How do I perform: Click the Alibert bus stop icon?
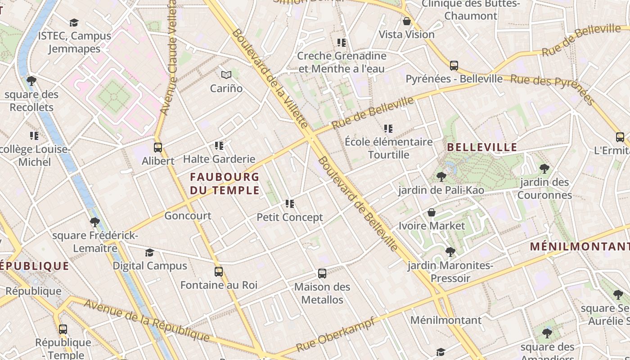[x=158, y=148]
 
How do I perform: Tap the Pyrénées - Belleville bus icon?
[x=454, y=66]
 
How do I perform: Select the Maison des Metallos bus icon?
[x=322, y=274]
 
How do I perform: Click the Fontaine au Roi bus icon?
[x=219, y=272]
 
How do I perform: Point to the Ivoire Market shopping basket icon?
[x=432, y=212]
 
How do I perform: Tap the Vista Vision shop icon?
[x=407, y=21]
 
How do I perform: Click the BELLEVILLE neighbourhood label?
[x=482, y=147]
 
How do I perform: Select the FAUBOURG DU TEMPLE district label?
[x=225, y=183]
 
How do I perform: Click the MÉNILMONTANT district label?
[x=580, y=247]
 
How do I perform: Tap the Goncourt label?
[x=188, y=216]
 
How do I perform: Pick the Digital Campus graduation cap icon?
[x=150, y=253]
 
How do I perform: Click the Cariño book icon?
[x=226, y=75]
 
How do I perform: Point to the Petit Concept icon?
[x=290, y=204]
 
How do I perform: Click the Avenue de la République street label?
[x=147, y=320]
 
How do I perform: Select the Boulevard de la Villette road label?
[x=270, y=79]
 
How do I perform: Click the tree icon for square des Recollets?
[x=31, y=81]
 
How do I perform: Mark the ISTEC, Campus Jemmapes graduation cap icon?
[x=74, y=22]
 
